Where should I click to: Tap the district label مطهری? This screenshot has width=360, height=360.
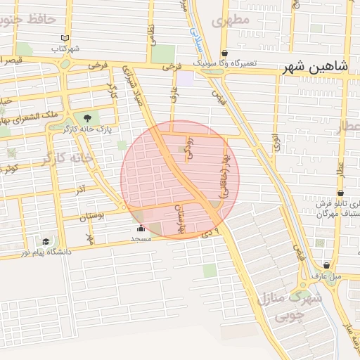click(234, 20)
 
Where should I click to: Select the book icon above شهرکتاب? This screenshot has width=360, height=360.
click(65, 38)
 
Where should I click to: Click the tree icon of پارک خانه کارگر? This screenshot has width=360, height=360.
click(87, 118)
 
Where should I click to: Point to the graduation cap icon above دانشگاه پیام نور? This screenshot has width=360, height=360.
click(46, 240)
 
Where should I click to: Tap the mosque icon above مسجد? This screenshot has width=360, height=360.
click(141, 229)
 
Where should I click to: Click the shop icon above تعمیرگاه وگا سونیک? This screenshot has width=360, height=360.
click(224, 53)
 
